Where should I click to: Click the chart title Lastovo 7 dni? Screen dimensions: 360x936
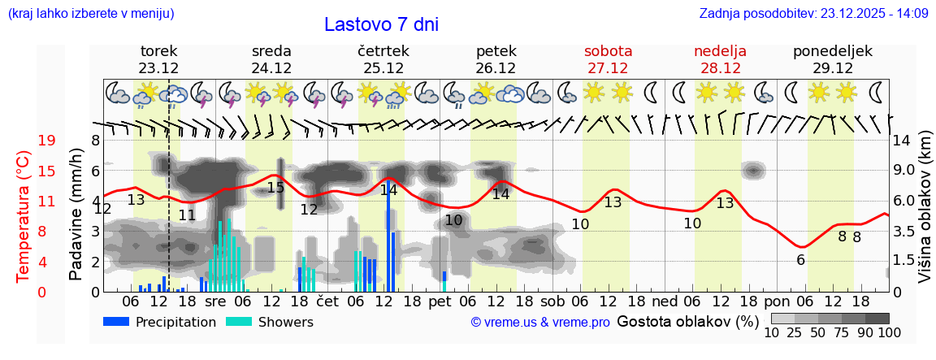pyautogui.click(x=381, y=24)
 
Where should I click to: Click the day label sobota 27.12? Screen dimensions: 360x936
pyautogui.click(x=608, y=59)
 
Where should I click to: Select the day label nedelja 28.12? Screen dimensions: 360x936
pyautogui.click(x=720, y=59)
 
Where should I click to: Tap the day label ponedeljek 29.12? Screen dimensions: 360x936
pyautogui.click(x=833, y=59)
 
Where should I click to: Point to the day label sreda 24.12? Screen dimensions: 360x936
pyautogui.click(x=271, y=59)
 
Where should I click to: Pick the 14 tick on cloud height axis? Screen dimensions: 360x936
pyautogui.click(x=902, y=141)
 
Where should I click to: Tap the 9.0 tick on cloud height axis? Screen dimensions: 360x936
pyautogui.click(x=905, y=171)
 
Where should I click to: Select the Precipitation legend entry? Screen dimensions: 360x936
pyautogui.click(x=159, y=322)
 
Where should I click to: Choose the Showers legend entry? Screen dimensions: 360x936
pyautogui.click(x=269, y=322)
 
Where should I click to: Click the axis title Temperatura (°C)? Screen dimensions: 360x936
pyautogui.click(x=24, y=216)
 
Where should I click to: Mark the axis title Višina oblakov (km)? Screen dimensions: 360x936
pyautogui.click(x=925, y=215)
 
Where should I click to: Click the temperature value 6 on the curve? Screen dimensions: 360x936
pyautogui.click(x=800, y=260)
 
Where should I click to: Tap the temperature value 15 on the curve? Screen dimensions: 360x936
pyautogui.click(x=275, y=188)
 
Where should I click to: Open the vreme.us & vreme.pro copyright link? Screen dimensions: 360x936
pyautogui.click(x=540, y=323)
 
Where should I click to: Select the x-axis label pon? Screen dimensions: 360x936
pyautogui.click(x=788, y=301)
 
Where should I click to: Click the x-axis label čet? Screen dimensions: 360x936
pyautogui.click(x=327, y=301)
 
